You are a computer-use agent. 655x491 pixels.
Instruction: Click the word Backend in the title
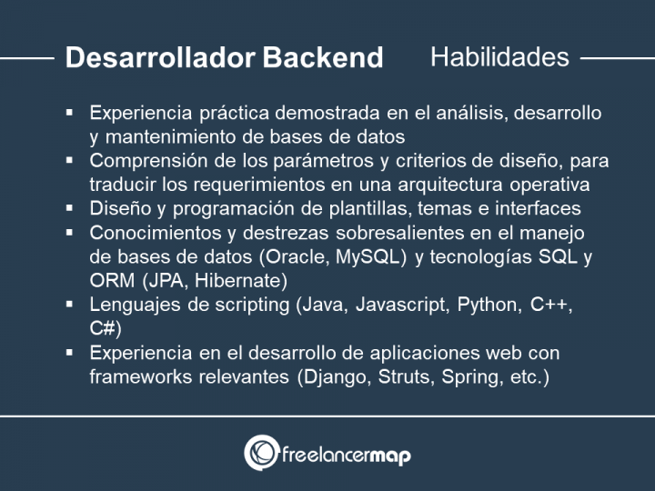tap(323, 58)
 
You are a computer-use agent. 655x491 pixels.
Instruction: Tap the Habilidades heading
tap(499, 57)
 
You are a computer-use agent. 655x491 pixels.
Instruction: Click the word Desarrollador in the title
tap(160, 58)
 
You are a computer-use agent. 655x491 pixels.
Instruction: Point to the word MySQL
tap(369, 257)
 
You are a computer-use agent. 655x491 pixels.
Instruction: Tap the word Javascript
tap(393, 305)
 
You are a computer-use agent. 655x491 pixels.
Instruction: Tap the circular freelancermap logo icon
tap(261, 452)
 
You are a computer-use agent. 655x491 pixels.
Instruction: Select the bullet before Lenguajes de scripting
tap(70, 304)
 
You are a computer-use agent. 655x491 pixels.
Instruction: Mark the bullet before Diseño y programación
tap(70, 208)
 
